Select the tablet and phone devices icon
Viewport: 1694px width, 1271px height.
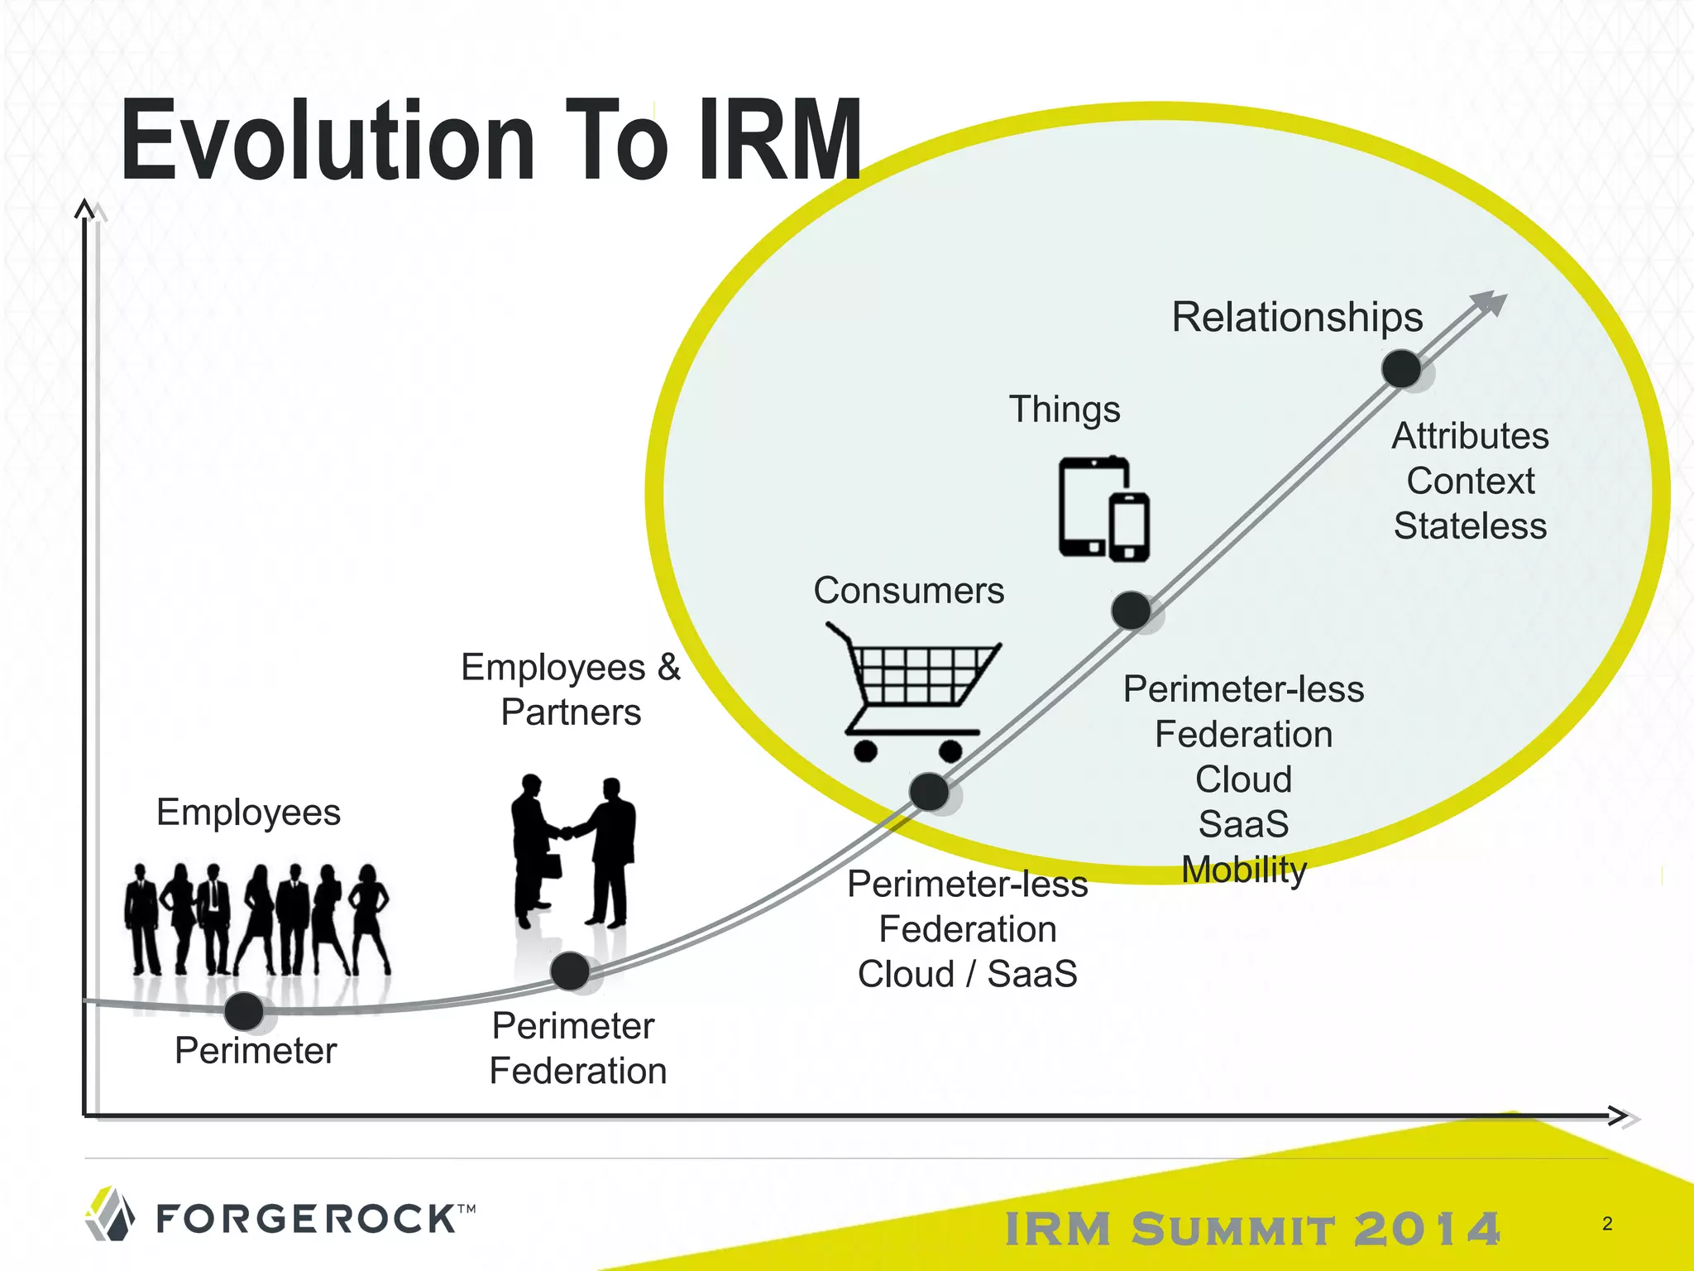click(x=1103, y=508)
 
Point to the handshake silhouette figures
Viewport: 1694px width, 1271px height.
click(x=572, y=852)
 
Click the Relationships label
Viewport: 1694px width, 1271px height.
click(x=1297, y=317)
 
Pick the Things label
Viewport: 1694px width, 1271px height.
click(x=1065, y=410)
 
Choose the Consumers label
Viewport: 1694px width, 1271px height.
click(x=908, y=591)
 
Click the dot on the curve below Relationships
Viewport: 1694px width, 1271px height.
click(x=1401, y=368)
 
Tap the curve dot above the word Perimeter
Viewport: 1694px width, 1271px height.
click(x=244, y=1010)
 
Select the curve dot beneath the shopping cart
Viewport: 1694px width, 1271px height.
click(x=929, y=792)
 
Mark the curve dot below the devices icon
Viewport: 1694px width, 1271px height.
click(x=1131, y=611)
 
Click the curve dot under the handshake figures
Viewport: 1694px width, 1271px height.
click(x=570, y=971)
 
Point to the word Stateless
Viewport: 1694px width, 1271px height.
click(x=1470, y=526)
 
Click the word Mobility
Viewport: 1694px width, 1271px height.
click(x=1243, y=870)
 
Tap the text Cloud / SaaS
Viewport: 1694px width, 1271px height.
click(x=967, y=974)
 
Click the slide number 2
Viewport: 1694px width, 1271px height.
click(x=1607, y=1224)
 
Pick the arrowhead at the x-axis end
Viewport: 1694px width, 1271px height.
click(x=1621, y=1116)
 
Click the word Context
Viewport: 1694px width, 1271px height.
click(x=1470, y=481)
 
